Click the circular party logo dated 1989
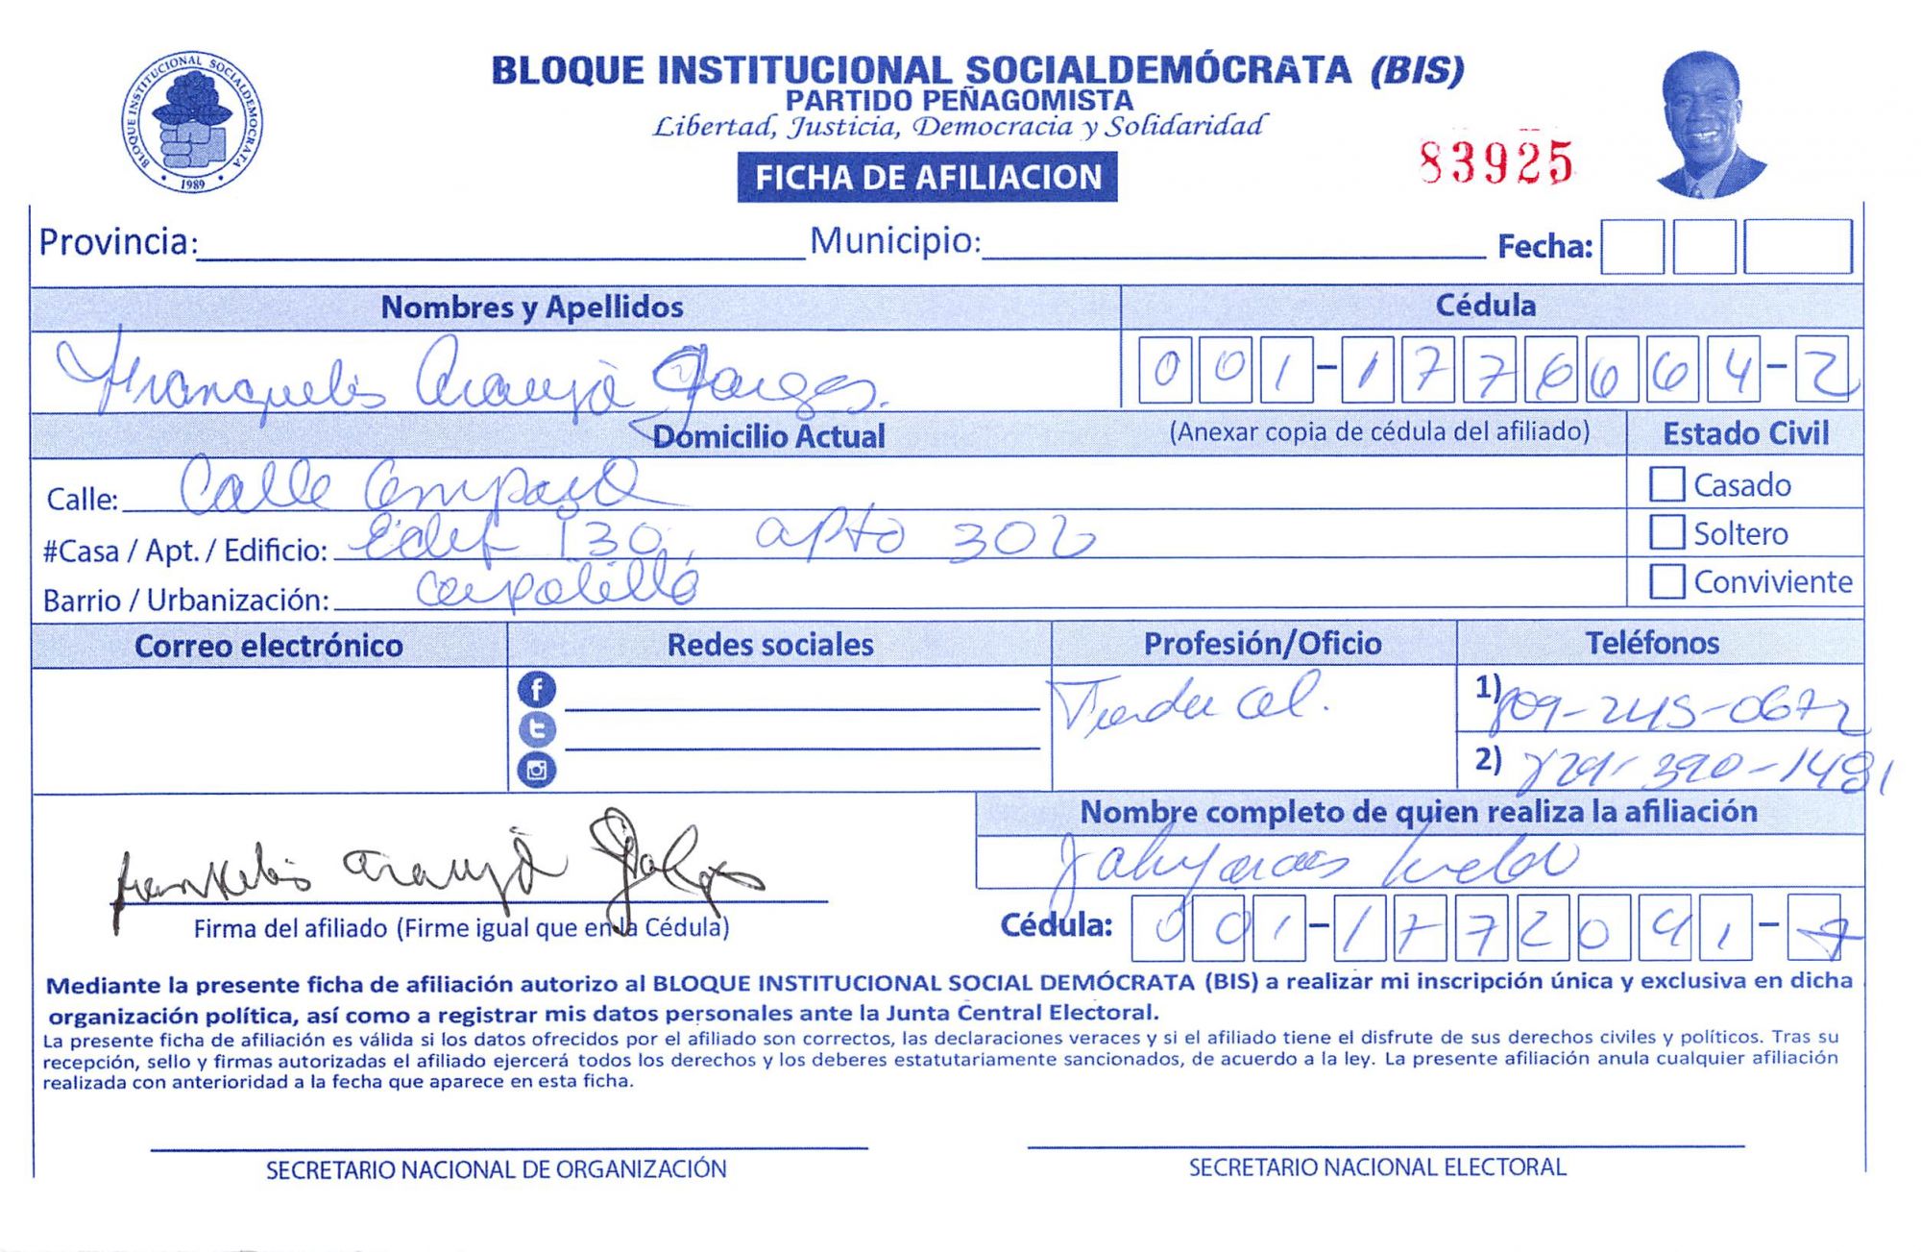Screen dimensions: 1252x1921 (x=192, y=122)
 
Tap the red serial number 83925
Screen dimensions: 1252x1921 (x=1495, y=162)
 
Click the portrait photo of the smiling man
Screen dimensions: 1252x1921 (x=1709, y=124)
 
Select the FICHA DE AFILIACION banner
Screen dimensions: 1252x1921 (x=927, y=178)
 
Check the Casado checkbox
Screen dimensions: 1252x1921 (x=1666, y=484)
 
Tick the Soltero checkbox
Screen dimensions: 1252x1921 (x=1666, y=532)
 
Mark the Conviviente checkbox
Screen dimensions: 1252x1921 (x=1666, y=580)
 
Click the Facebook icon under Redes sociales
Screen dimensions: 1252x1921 (x=536, y=689)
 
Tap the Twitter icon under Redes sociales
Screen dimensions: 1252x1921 (x=536, y=729)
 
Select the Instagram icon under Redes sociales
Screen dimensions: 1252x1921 (x=536, y=770)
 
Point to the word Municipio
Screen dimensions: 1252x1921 (x=894, y=240)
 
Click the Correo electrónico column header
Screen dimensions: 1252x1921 (x=268, y=646)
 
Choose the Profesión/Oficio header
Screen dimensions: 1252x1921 (x=1262, y=643)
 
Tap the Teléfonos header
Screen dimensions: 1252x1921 (x=1652, y=642)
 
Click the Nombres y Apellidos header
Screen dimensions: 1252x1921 (x=532, y=307)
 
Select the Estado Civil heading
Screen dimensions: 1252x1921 (x=1745, y=433)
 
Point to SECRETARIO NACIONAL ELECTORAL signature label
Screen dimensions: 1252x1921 (x=1377, y=1167)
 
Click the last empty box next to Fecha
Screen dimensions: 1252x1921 (x=1797, y=247)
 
